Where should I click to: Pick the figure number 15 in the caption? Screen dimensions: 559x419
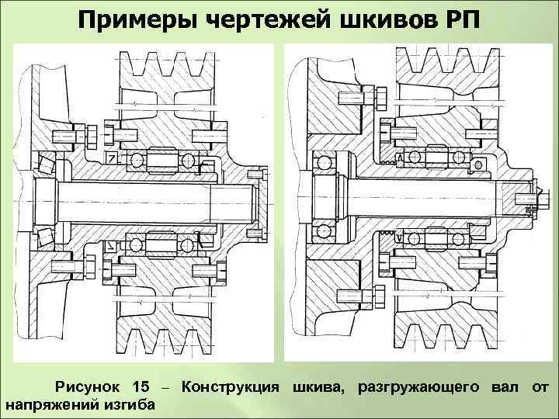click(141, 386)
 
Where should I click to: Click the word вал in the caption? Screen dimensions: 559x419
click(503, 386)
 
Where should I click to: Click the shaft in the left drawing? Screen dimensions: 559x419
click(155, 200)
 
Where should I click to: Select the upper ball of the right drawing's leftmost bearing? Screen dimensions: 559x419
click(319, 163)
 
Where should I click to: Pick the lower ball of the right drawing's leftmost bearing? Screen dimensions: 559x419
click(319, 231)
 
